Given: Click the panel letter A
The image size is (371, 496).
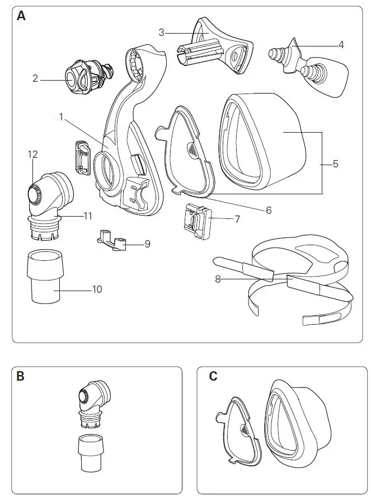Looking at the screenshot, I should [x=21, y=16].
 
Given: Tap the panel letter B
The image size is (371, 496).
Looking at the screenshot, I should [x=21, y=376].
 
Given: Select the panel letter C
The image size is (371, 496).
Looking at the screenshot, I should [x=213, y=376].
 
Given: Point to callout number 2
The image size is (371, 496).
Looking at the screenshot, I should [x=35, y=79].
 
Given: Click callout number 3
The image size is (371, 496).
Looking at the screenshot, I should [x=161, y=32].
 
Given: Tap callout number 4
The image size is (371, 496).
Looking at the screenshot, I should [x=340, y=44].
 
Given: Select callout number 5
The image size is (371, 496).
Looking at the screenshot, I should [x=335, y=164].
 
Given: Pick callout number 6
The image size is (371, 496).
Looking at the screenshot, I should [x=269, y=210].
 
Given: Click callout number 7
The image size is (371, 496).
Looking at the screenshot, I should [x=237, y=219].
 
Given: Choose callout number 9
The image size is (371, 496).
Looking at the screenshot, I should [x=147, y=244].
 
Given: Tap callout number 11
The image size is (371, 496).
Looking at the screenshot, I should [x=88, y=215].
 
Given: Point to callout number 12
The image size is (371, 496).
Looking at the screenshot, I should [x=32, y=153].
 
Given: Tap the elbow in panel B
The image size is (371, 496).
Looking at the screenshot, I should [x=92, y=400].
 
